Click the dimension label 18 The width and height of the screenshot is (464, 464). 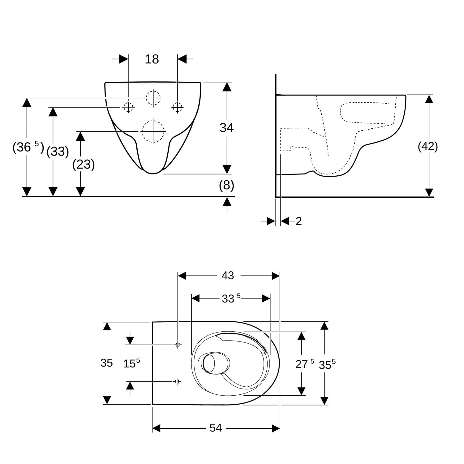coord(152,59)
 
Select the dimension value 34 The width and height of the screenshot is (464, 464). coord(226,127)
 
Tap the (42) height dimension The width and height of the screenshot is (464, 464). coord(428,146)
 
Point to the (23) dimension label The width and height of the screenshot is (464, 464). coord(84,164)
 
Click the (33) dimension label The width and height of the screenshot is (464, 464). coord(58,152)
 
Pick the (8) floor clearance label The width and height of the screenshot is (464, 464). coord(226,185)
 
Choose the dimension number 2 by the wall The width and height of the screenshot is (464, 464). coord(299,221)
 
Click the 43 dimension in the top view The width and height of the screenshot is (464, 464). coord(228,275)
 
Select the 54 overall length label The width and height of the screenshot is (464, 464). coord(216,428)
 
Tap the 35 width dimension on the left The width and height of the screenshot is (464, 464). coord(106,363)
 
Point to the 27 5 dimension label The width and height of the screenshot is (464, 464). coord(305,364)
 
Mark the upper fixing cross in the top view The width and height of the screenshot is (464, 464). coord(178,344)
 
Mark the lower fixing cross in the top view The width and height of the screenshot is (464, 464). coord(177,382)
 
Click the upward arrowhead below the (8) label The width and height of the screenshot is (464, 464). coord(227,202)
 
